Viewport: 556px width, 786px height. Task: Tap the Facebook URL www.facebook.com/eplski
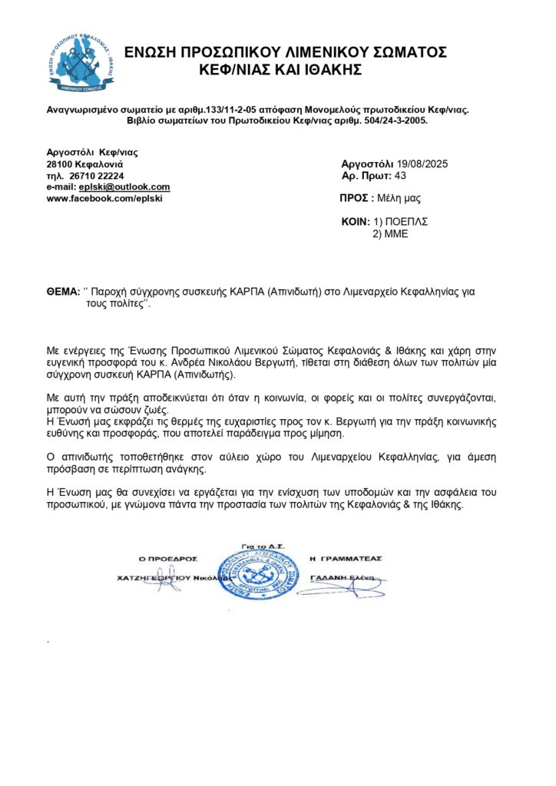coord(106,198)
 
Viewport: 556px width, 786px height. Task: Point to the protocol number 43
coord(400,176)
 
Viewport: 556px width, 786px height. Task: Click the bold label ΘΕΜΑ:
coord(64,292)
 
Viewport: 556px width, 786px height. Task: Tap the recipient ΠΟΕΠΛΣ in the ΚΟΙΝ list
coord(405,221)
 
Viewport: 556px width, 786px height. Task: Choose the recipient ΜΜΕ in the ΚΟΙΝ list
coord(397,233)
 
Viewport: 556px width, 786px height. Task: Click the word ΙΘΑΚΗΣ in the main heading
coord(327,70)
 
